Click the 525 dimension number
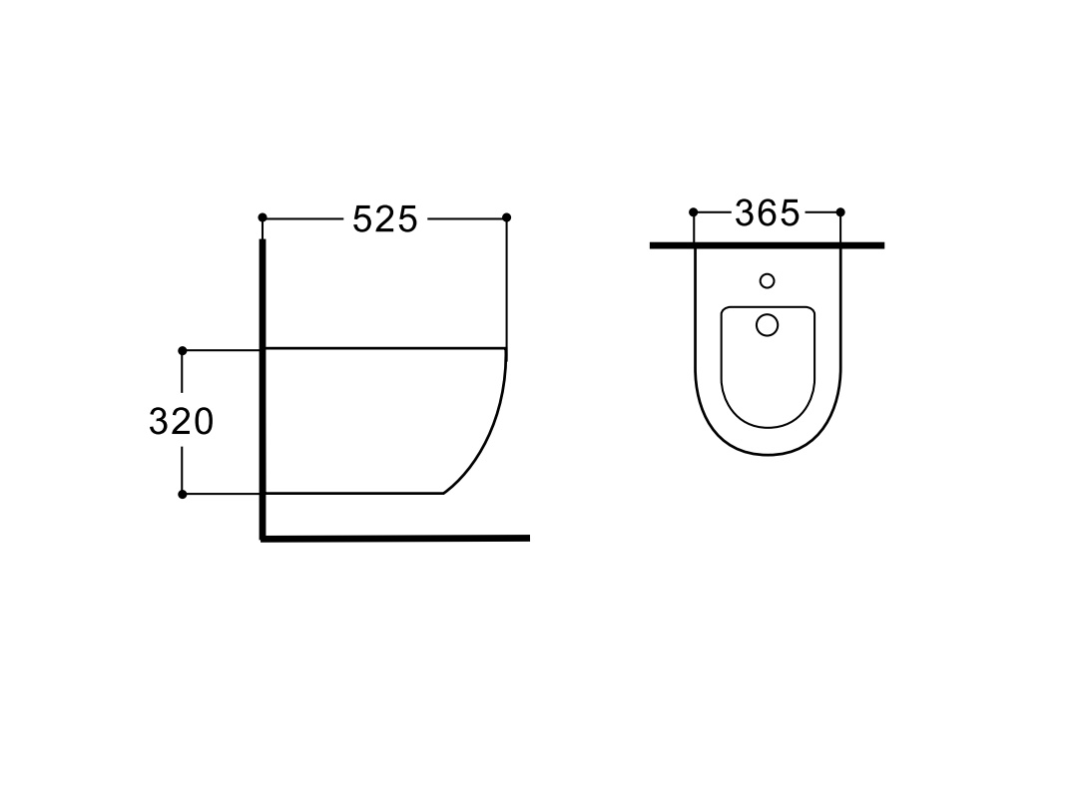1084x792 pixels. tap(385, 219)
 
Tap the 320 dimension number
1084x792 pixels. tap(181, 421)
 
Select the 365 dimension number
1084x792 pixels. tap(767, 212)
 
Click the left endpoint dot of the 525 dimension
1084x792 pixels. tap(262, 217)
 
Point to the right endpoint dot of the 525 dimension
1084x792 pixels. tap(506, 217)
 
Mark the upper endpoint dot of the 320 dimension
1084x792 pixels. tap(183, 351)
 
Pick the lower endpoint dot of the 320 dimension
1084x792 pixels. tap(183, 494)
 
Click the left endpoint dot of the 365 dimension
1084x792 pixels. tap(694, 212)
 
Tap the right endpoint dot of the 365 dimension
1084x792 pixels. tap(840, 212)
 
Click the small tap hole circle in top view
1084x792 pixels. tap(767, 280)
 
